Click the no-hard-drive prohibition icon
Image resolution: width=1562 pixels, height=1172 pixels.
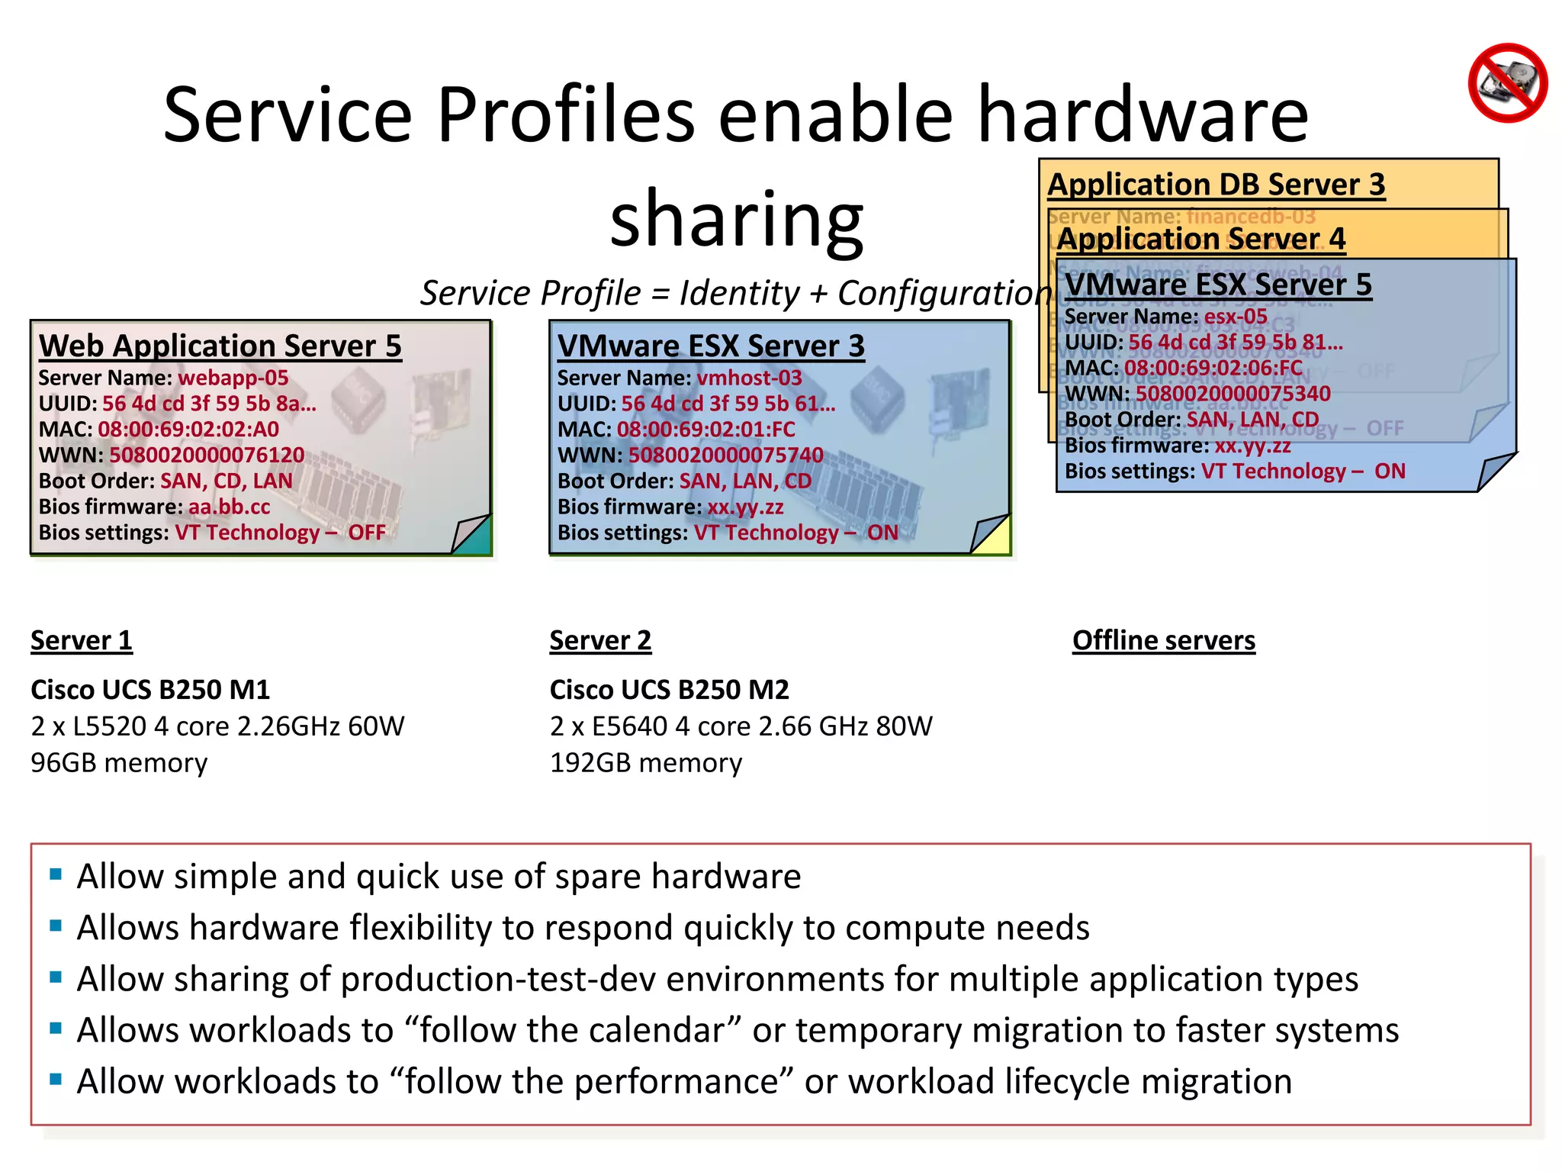[x=1507, y=82]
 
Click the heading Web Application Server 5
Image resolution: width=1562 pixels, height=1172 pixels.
[x=220, y=346]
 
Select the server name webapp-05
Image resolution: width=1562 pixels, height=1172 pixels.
[x=233, y=378]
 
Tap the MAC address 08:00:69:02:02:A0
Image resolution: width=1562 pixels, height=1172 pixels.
[x=188, y=429]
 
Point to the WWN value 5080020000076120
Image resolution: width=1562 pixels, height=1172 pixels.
[x=207, y=455]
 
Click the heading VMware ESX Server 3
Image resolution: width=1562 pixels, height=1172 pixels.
[x=711, y=346]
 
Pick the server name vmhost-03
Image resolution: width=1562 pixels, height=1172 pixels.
[x=749, y=378]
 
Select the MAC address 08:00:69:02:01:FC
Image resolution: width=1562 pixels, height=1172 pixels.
[x=705, y=429]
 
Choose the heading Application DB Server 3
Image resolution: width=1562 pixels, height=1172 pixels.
[x=1216, y=185]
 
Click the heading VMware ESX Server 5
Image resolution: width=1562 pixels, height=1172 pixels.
[x=1218, y=285]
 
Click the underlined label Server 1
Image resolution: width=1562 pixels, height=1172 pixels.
[x=82, y=640]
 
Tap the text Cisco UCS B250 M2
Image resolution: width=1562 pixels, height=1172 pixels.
[x=669, y=690]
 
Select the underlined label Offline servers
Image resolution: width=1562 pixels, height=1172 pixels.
[x=1163, y=640]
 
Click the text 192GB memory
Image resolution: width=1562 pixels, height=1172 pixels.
[x=645, y=762]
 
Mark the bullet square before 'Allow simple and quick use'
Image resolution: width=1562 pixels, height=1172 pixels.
[x=56, y=874]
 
